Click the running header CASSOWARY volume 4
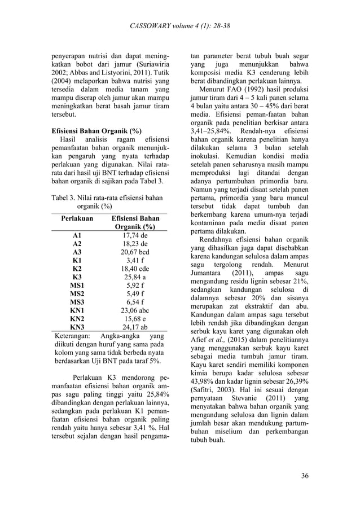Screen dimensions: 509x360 [x=179, y=27]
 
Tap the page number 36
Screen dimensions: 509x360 [x=305, y=475]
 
